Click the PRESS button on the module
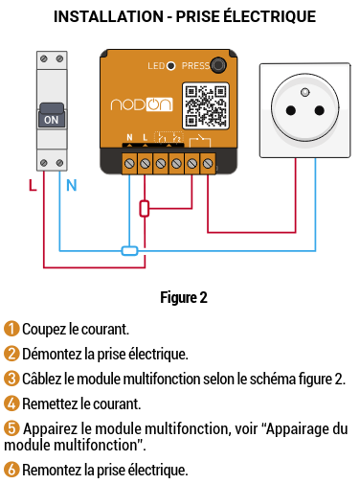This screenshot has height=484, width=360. (x=218, y=65)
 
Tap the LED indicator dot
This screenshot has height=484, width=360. (x=171, y=66)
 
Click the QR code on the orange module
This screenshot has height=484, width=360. (x=206, y=105)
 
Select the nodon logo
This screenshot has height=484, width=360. (x=142, y=104)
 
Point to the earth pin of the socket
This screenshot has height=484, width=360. (x=305, y=92)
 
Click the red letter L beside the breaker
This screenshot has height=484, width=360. (x=33, y=185)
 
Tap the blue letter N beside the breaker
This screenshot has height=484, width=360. (x=72, y=185)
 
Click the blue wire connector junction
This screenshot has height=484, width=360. (x=129, y=251)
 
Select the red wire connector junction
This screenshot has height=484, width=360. (x=145, y=209)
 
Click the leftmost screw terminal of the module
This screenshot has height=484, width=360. (x=129, y=164)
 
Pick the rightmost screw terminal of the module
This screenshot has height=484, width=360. (x=208, y=164)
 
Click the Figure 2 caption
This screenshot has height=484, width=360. (x=184, y=297)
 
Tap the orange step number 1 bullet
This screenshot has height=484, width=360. (x=11, y=329)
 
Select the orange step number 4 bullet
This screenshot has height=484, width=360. (x=11, y=403)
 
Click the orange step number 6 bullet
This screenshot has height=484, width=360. (x=11, y=470)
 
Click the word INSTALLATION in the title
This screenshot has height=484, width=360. (x=108, y=16)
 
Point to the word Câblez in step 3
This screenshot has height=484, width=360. (x=41, y=379)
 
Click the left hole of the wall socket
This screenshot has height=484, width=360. (x=291, y=110)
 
